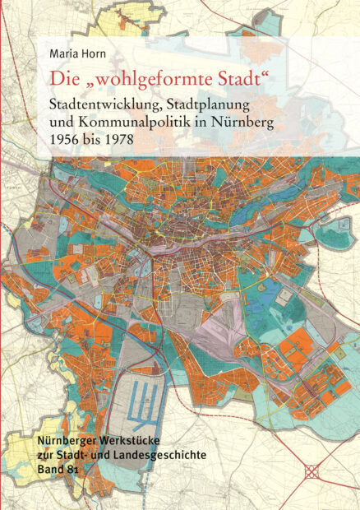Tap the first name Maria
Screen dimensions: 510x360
tap(63, 55)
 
